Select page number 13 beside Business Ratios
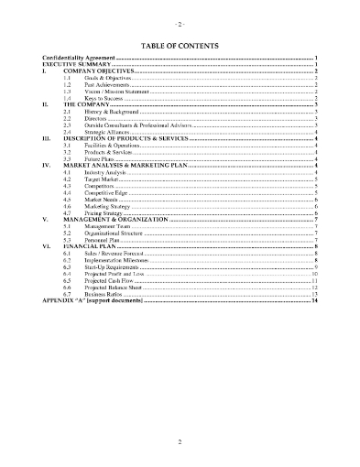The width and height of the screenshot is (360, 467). coord(314,292)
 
